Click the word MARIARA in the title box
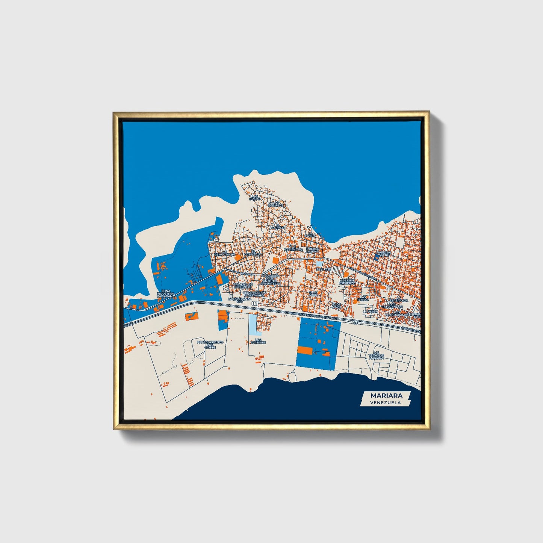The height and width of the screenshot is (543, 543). tap(386, 395)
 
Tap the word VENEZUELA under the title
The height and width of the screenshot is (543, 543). tap(385, 402)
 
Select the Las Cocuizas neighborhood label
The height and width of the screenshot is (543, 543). tap(276, 204)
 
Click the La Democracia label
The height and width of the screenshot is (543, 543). tap(225, 253)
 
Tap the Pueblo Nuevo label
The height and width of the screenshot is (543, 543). tap(313, 250)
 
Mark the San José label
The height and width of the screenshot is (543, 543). tap(324, 269)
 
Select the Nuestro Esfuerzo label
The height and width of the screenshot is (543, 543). tap(347, 281)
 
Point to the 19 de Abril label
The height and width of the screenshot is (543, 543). tap(313, 293)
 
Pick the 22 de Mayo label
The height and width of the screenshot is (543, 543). tap(336, 306)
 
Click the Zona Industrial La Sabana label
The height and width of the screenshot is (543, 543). tap(166, 293)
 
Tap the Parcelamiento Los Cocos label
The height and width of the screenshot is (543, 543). tap(210, 344)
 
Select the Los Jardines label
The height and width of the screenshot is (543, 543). tap(258, 341)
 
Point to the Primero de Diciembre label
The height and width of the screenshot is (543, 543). tap(242, 286)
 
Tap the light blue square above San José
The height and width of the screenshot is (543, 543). tap(319, 264)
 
